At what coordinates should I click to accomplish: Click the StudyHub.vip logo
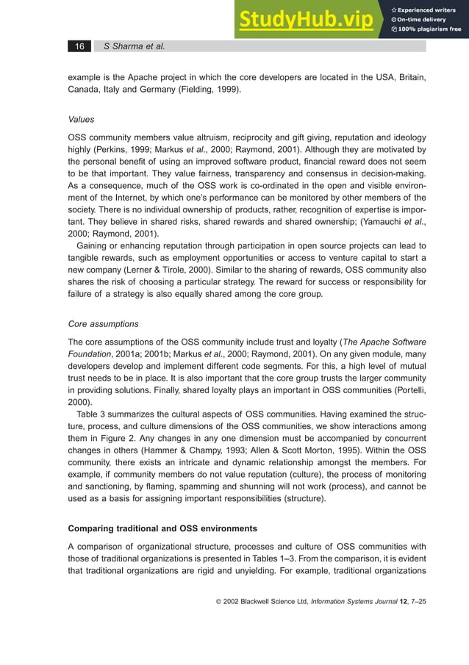[304, 20]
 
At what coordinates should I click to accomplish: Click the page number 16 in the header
[79, 46]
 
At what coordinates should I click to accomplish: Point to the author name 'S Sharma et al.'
[134, 46]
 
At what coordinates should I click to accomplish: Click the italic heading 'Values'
[81, 118]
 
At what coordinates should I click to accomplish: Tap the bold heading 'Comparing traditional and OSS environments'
[162, 528]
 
